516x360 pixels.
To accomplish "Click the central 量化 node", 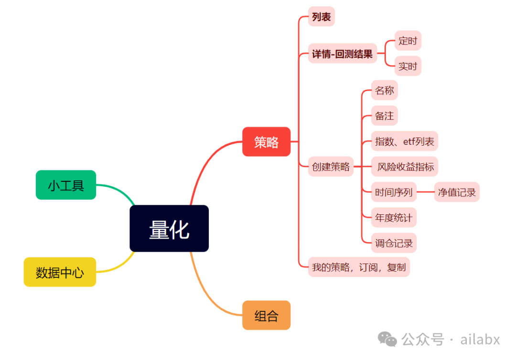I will pos(169,229).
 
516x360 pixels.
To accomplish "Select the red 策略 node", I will pos(266,142).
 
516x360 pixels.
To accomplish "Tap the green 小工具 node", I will pos(66,185).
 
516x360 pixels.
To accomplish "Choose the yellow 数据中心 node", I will pos(60,272).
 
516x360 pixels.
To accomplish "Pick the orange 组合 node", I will pos(266,315).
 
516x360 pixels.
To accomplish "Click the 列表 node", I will pos(321,17).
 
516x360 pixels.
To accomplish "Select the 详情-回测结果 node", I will pos(342,54).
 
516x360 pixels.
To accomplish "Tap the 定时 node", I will pos(408,41).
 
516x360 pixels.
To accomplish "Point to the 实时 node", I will pos(408,66).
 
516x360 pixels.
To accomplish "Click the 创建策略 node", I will pos(331,167).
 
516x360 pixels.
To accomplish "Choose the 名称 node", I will pos(384,91).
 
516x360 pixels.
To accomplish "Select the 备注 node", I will pos(384,116).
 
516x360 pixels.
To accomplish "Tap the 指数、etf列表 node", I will pos(404,141).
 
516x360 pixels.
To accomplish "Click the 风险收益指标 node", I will pos(405,167).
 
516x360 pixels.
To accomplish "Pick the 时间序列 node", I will pos(394,192).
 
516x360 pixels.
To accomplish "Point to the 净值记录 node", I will pos(457,192).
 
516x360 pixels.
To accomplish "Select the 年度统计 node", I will pos(394,218).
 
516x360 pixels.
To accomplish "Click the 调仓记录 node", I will pos(394,243).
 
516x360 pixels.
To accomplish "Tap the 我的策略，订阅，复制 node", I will pos(359,267).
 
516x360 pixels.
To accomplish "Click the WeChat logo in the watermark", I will pos(387,339).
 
